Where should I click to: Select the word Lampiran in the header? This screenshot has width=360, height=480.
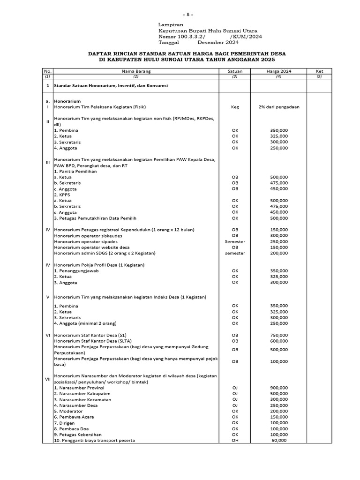(171, 24)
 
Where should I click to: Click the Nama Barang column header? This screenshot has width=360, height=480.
(136, 71)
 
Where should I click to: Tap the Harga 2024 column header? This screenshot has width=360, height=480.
(278, 71)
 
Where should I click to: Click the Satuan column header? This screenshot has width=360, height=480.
(235, 71)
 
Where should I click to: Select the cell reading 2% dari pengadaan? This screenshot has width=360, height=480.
(278, 107)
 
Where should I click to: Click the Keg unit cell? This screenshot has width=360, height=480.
(235, 107)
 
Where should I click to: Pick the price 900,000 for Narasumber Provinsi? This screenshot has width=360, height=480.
(279, 388)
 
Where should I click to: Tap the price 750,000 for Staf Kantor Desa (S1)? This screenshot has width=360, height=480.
(279, 335)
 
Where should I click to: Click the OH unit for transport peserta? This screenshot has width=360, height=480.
(235, 441)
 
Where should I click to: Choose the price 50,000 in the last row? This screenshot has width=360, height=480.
(279, 441)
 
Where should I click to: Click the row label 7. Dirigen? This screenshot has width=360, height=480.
(66, 423)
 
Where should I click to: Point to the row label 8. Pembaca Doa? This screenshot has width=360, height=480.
(71, 429)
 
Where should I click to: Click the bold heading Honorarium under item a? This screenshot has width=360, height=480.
(67, 101)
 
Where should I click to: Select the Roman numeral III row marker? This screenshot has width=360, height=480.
(47, 163)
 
